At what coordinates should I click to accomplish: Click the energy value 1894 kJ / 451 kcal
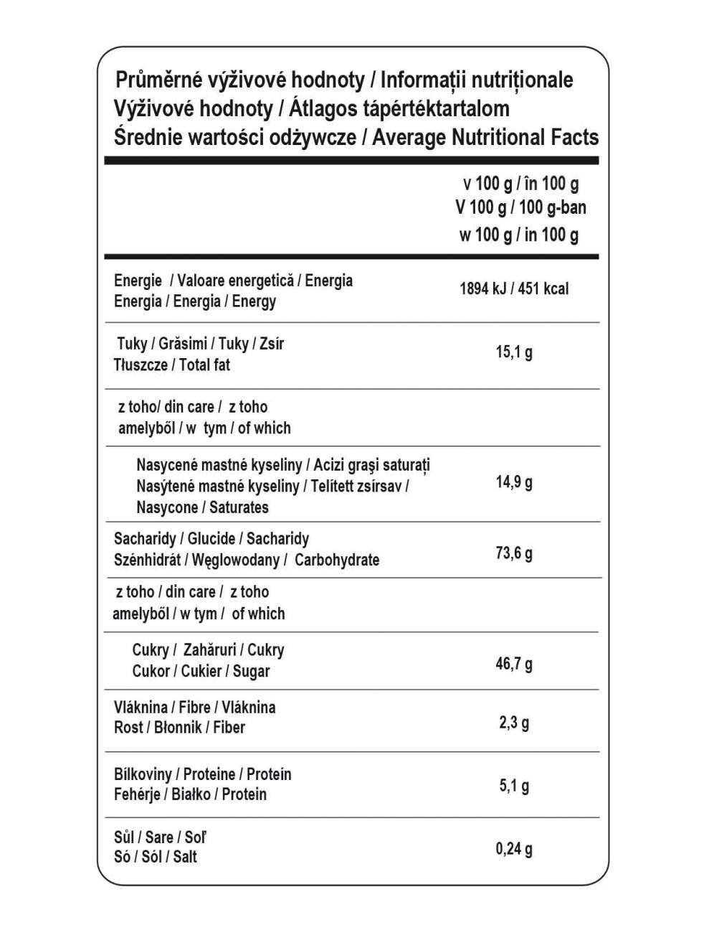(x=513, y=288)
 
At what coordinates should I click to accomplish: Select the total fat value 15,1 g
(x=514, y=352)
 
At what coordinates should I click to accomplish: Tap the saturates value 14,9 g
(x=514, y=482)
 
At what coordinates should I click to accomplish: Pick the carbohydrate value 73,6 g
(x=514, y=553)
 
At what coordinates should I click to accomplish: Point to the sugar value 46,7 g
(x=514, y=663)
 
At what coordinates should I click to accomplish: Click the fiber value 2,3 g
(x=514, y=722)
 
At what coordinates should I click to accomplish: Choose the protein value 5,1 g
(x=514, y=786)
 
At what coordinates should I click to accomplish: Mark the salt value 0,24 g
(x=514, y=849)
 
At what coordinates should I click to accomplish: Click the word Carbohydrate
(x=337, y=560)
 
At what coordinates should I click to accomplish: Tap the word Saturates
(x=239, y=508)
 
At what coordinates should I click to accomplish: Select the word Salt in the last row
(x=185, y=857)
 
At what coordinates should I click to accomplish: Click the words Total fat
(x=205, y=365)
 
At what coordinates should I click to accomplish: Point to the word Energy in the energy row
(x=254, y=301)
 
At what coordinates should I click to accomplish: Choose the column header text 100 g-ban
(x=553, y=207)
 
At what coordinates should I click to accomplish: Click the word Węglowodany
(x=235, y=560)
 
